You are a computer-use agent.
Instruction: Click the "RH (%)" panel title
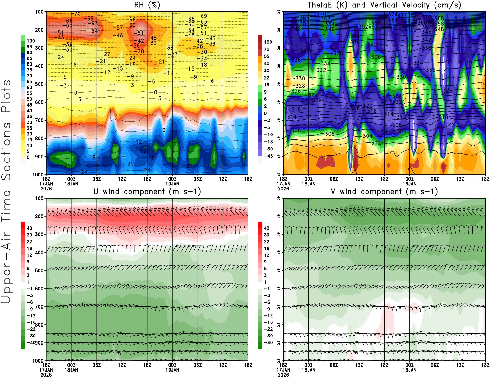(x=147, y=5)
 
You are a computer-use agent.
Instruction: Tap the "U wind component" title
(x=147, y=191)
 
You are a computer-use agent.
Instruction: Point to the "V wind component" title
(x=384, y=191)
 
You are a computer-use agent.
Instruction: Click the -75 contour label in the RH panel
(x=76, y=14)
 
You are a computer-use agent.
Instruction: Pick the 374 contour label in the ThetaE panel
(x=393, y=14)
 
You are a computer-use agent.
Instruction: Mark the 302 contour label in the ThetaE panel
(x=376, y=143)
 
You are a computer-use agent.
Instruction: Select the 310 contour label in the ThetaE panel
(x=443, y=117)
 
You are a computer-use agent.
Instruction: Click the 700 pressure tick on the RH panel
(x=39, y=120)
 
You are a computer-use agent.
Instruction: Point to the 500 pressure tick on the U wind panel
(x=39, y=271)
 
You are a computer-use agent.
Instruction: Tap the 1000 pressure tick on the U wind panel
(x=38, y=361)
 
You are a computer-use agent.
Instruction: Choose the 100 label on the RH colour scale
(x=31, y=41)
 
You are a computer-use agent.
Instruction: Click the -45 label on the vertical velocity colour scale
(x=268, y=156)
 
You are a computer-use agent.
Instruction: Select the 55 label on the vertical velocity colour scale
(x=267, y=56)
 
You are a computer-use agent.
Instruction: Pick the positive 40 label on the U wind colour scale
(x=30, y=228)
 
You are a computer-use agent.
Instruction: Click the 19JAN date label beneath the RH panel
(x=172, y=184)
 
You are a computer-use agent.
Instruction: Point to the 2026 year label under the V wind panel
(x=283, y=375)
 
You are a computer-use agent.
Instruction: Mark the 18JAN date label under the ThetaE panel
(x=308, y=184)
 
